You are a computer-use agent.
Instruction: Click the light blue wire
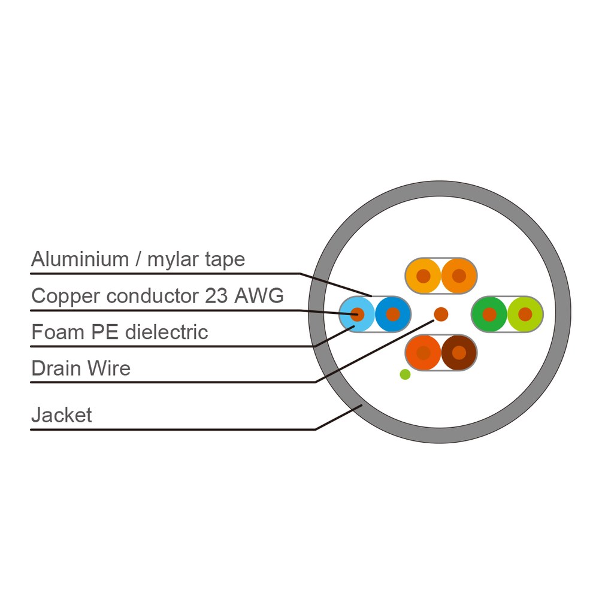(357, 314)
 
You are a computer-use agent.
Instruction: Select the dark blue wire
(393, 314)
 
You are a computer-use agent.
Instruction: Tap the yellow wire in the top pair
(423, 276)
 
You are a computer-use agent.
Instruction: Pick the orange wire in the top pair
(459, 276)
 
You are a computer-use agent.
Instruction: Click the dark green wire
(489, 314)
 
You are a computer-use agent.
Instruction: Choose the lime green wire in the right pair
(525, 314)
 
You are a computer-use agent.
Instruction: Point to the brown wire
(459, 353)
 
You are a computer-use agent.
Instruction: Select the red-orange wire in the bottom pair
(423, 353)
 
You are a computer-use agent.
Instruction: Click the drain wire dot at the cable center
(441, 314)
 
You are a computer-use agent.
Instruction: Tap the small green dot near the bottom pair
(405, 374)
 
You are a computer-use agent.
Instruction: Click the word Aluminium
(80, 259)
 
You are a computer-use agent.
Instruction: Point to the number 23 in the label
(216, 296)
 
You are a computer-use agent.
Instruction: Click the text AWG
(259, 296)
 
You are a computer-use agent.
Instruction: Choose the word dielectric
(167, 332)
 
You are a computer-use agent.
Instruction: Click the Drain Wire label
(81, 368)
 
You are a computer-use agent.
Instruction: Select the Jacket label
(62, 415)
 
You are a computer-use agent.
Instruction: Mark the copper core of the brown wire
(459, 353)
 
